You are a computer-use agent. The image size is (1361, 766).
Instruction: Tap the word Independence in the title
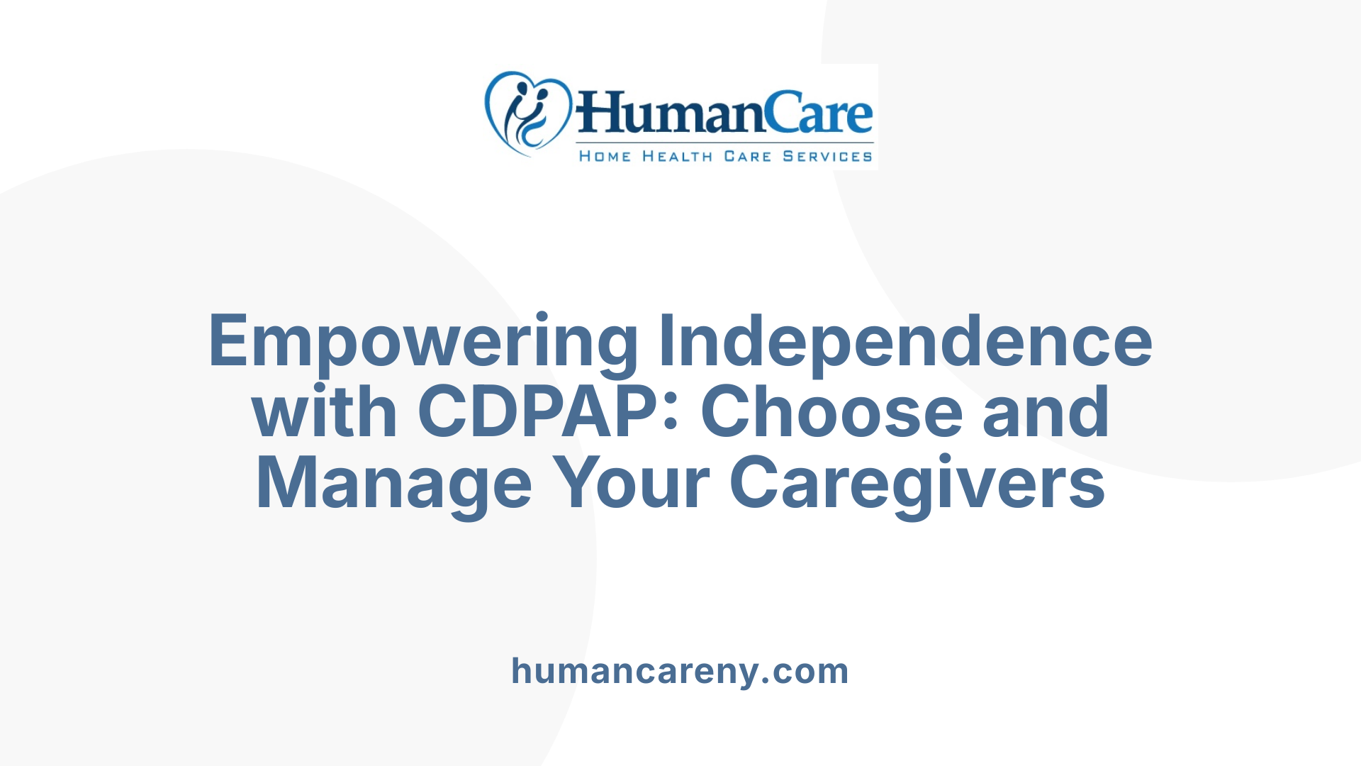905,342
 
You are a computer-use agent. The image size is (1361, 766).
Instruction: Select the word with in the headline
324,412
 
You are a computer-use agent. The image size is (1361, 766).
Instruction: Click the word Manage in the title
394,484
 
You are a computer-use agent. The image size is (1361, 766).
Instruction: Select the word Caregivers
917,484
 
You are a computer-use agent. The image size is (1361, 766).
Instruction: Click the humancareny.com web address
680,671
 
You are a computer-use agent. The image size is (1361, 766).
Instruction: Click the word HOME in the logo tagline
605,157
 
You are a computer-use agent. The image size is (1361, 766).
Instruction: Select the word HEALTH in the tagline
677,157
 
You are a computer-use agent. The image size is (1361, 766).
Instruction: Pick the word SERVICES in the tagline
827,157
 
